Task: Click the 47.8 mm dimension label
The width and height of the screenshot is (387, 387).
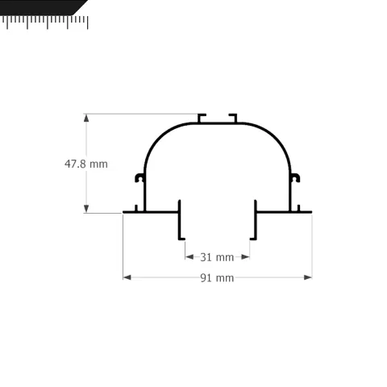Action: [85, 164]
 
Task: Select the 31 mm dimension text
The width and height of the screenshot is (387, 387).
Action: [216, 257]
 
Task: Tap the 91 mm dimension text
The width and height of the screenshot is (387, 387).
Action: [216, 278]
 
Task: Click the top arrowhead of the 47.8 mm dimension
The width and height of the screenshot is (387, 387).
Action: [86, 117]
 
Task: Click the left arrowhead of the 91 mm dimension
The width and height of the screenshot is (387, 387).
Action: [127, 277]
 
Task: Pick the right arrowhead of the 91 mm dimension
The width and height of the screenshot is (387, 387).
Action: [307, 277]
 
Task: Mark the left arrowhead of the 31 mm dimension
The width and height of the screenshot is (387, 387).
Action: [189, 257]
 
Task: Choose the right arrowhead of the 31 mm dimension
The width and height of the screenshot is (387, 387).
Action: [245, 257]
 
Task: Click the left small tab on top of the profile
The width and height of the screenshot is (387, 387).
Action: [201, 118]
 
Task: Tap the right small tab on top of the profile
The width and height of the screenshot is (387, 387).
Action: [234, 118]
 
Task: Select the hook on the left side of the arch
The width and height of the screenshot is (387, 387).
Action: [140, 177]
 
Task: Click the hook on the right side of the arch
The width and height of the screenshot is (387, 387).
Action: [294, 177]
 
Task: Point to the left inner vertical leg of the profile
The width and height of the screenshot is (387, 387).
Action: [180, 219]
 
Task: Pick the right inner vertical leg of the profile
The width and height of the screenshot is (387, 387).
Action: [255, 219]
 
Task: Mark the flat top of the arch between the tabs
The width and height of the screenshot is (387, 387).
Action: [218, 123]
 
